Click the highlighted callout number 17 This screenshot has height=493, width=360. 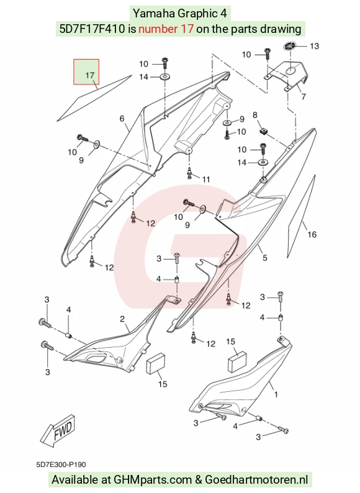point(89,76)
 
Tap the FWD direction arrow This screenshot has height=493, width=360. point(58,430)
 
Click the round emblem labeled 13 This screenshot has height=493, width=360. point(289,46)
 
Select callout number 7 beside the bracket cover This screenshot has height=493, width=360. point(304,96)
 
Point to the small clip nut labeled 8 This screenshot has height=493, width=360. point(263,130)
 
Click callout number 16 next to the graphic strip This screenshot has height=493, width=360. point(312,234)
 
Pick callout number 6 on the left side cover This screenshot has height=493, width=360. point(122,119)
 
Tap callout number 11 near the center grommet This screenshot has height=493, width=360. point(206,179)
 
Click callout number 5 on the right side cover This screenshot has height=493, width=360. point(265,258)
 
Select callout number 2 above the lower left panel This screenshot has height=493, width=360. point(122,319)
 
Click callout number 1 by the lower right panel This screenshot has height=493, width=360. point(276,394)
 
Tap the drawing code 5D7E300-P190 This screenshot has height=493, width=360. point(61,464)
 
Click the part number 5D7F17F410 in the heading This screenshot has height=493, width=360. point(92,29)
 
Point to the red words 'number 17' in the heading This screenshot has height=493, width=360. point(166,29)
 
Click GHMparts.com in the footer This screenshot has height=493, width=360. point(153,480)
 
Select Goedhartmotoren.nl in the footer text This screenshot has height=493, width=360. point(256,480)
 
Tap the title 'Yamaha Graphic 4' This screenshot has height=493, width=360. point(180,13)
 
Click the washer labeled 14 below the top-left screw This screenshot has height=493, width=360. point(164,76)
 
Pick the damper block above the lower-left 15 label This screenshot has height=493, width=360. point(156,363)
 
